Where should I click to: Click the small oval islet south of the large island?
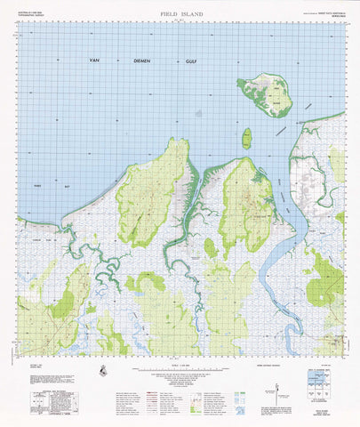246,138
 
